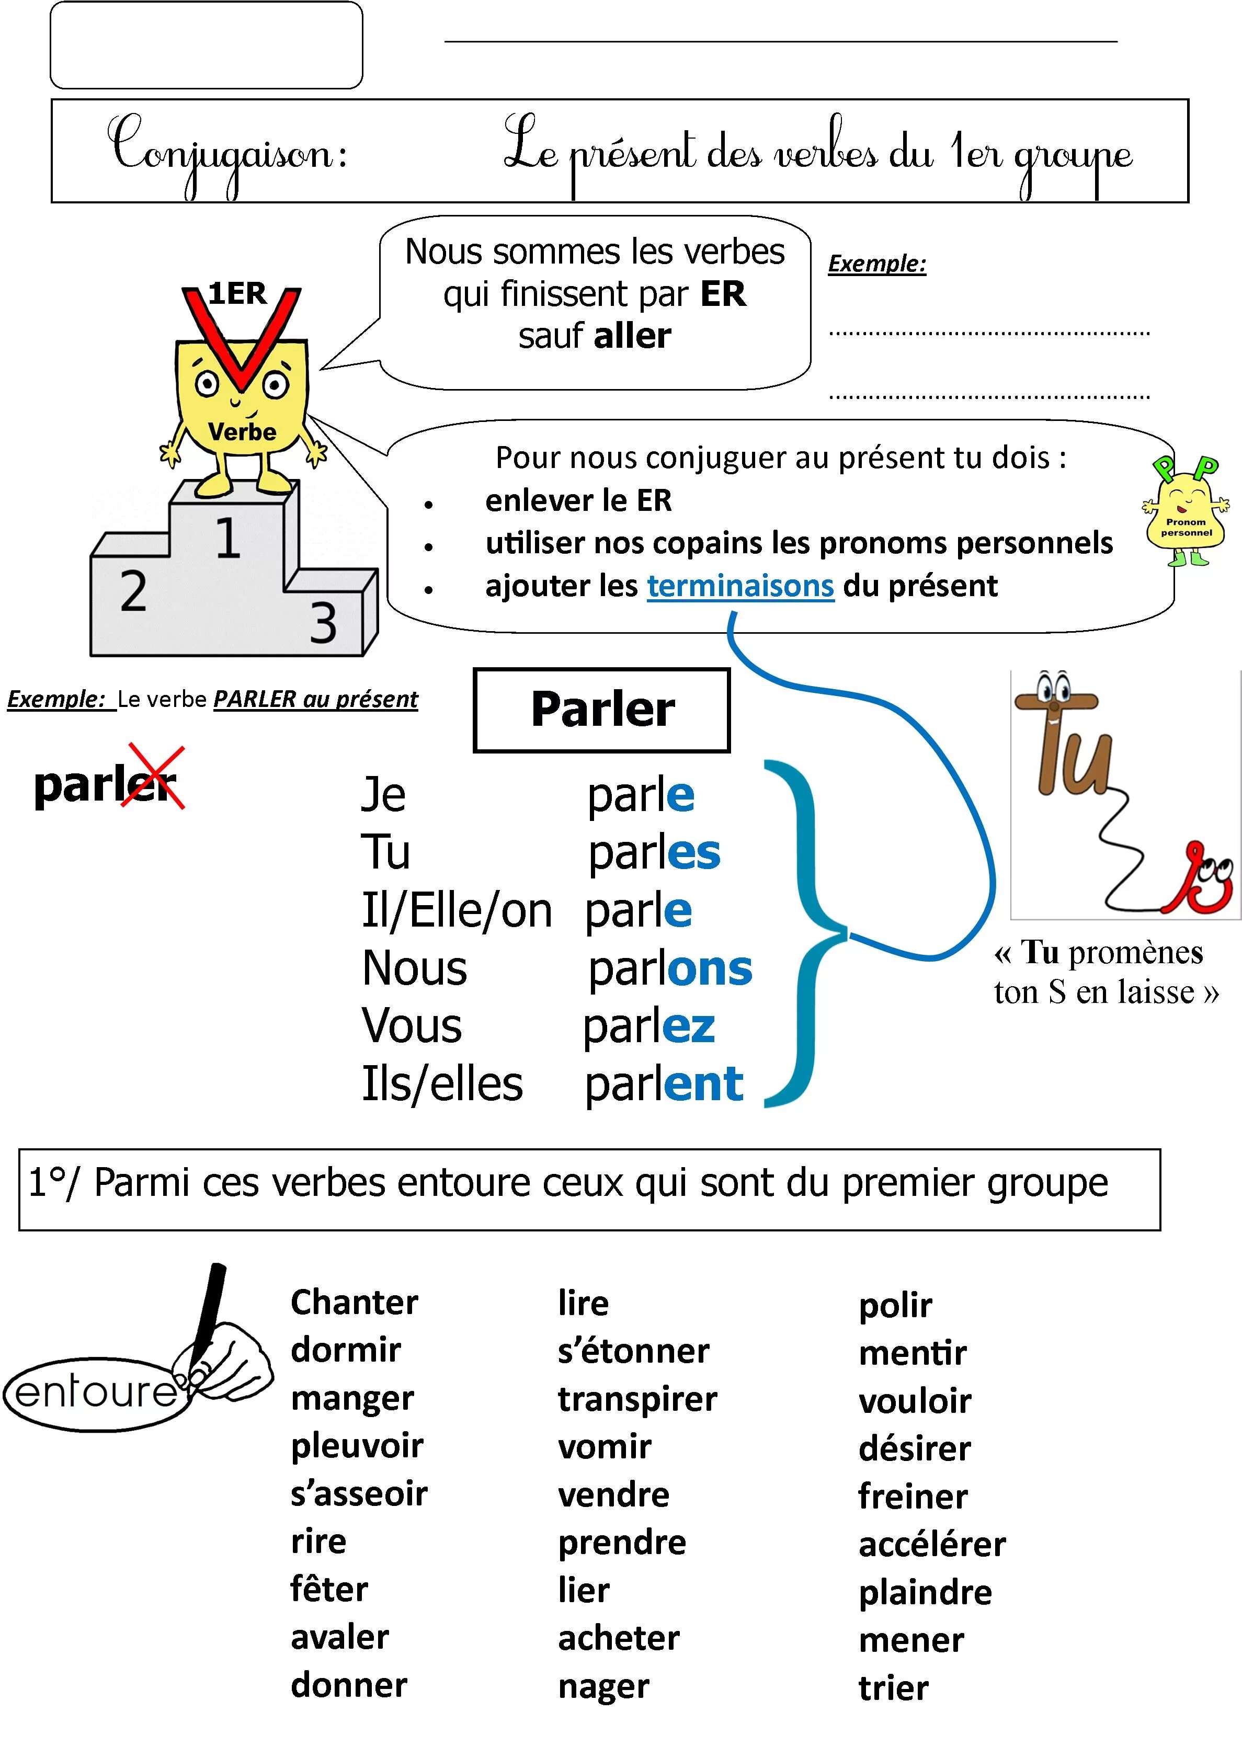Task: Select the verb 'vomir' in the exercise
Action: (x=604, y=1446)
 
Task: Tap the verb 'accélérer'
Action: (x=932, y=1544)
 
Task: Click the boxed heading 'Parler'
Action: (x=602, y=710)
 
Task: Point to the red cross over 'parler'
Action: (x=156, y=777)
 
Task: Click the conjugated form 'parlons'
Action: (x=670, y=968)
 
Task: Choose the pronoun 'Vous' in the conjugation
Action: (x=412, y=1026)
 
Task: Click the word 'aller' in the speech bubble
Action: (x=632, y=336)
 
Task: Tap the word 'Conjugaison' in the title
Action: (x=226, y=152)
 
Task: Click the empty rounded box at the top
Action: (x=206, y=45)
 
